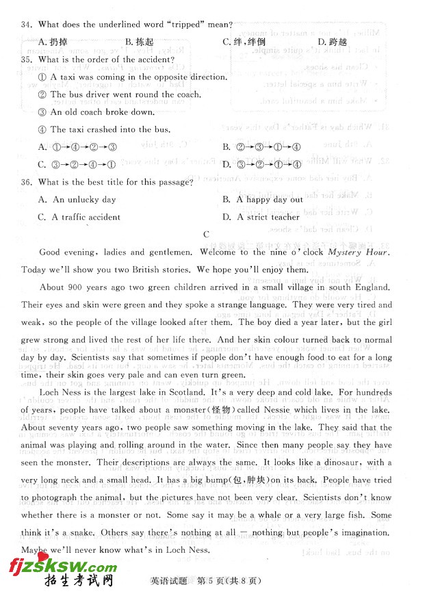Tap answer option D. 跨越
[x=333, y=42]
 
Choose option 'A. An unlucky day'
[x=77, y=200]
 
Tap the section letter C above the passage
[x=206, y=235]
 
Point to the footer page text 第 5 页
[x=212, y=582]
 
